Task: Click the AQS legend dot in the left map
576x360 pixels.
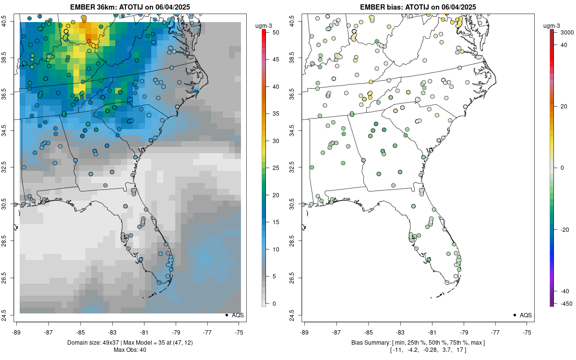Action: coord(227,315)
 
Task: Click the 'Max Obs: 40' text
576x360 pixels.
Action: coord(130,349)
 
